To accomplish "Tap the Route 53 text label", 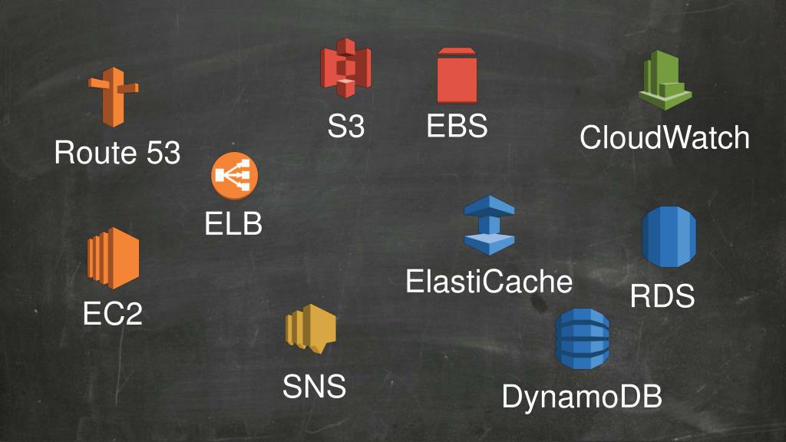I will (117, 153).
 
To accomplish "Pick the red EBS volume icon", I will (457, 75).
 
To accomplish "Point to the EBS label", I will (457, 126).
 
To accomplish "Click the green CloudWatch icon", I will (664, 81).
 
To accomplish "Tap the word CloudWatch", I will (664, 138).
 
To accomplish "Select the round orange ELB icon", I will (235, 176).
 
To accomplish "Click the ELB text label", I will (233, 225).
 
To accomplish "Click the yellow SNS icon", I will (310, 331).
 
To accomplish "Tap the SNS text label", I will (314, 387).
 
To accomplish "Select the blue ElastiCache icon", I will (489, 225).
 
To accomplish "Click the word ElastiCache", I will (489, 282).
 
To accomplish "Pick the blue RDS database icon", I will (668, 238).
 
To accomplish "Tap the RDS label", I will (662, 296).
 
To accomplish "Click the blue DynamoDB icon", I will (582, 338).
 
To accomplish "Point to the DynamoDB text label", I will (582, 397).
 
